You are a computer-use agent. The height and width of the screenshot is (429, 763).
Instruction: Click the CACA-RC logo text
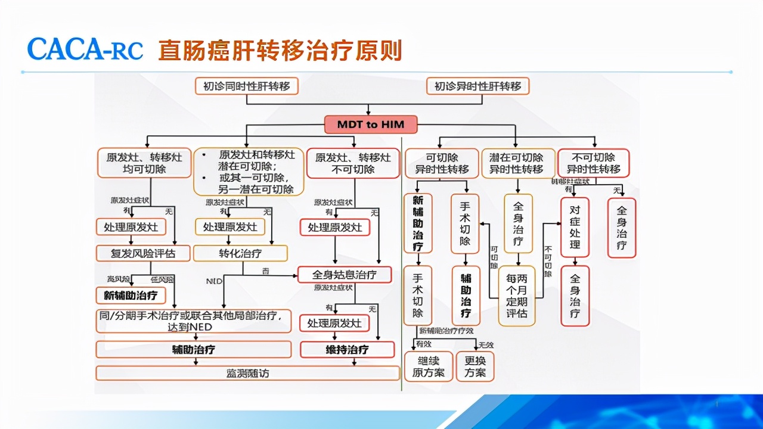(x=85, y=49)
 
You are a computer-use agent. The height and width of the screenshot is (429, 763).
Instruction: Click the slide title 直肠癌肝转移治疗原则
(x=280, y=51)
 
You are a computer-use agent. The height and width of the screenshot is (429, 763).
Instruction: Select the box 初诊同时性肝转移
(x=246, y=86)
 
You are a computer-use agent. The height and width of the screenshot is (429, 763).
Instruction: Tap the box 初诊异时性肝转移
(x=477, y=86)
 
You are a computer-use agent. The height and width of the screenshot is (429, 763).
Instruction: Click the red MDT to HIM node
(x=370, y=125)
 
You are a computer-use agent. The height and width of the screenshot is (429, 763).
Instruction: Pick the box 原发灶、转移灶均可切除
(x=144, y=163)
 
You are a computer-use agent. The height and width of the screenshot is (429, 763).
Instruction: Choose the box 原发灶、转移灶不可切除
(x=353, y=163)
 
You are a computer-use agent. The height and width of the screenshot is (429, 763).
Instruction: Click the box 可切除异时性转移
(x=442, y=163)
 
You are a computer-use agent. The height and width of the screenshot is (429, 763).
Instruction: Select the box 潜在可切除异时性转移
(x=516, y=163)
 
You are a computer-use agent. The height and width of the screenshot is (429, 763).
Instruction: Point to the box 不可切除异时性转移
(x=593, y=163)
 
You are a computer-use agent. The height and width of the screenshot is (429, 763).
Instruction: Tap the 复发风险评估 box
(x=143, y=253)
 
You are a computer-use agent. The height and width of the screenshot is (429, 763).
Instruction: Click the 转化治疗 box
(x=240, y=253)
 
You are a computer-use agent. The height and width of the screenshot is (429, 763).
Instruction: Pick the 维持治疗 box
(x=347, y=350)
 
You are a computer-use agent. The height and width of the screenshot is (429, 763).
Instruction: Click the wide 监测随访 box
(x=247, y=374)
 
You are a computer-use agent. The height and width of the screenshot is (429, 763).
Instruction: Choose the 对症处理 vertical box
(x=575, y=228)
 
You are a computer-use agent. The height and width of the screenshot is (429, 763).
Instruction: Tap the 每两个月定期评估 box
(x=517, y=296)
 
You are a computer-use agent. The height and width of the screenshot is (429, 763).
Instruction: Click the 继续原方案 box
(x=429, y=366)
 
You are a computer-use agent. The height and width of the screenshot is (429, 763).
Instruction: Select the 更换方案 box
(x=475, y=366)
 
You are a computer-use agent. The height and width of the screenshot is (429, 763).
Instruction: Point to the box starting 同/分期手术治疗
(x=194, y=321)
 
